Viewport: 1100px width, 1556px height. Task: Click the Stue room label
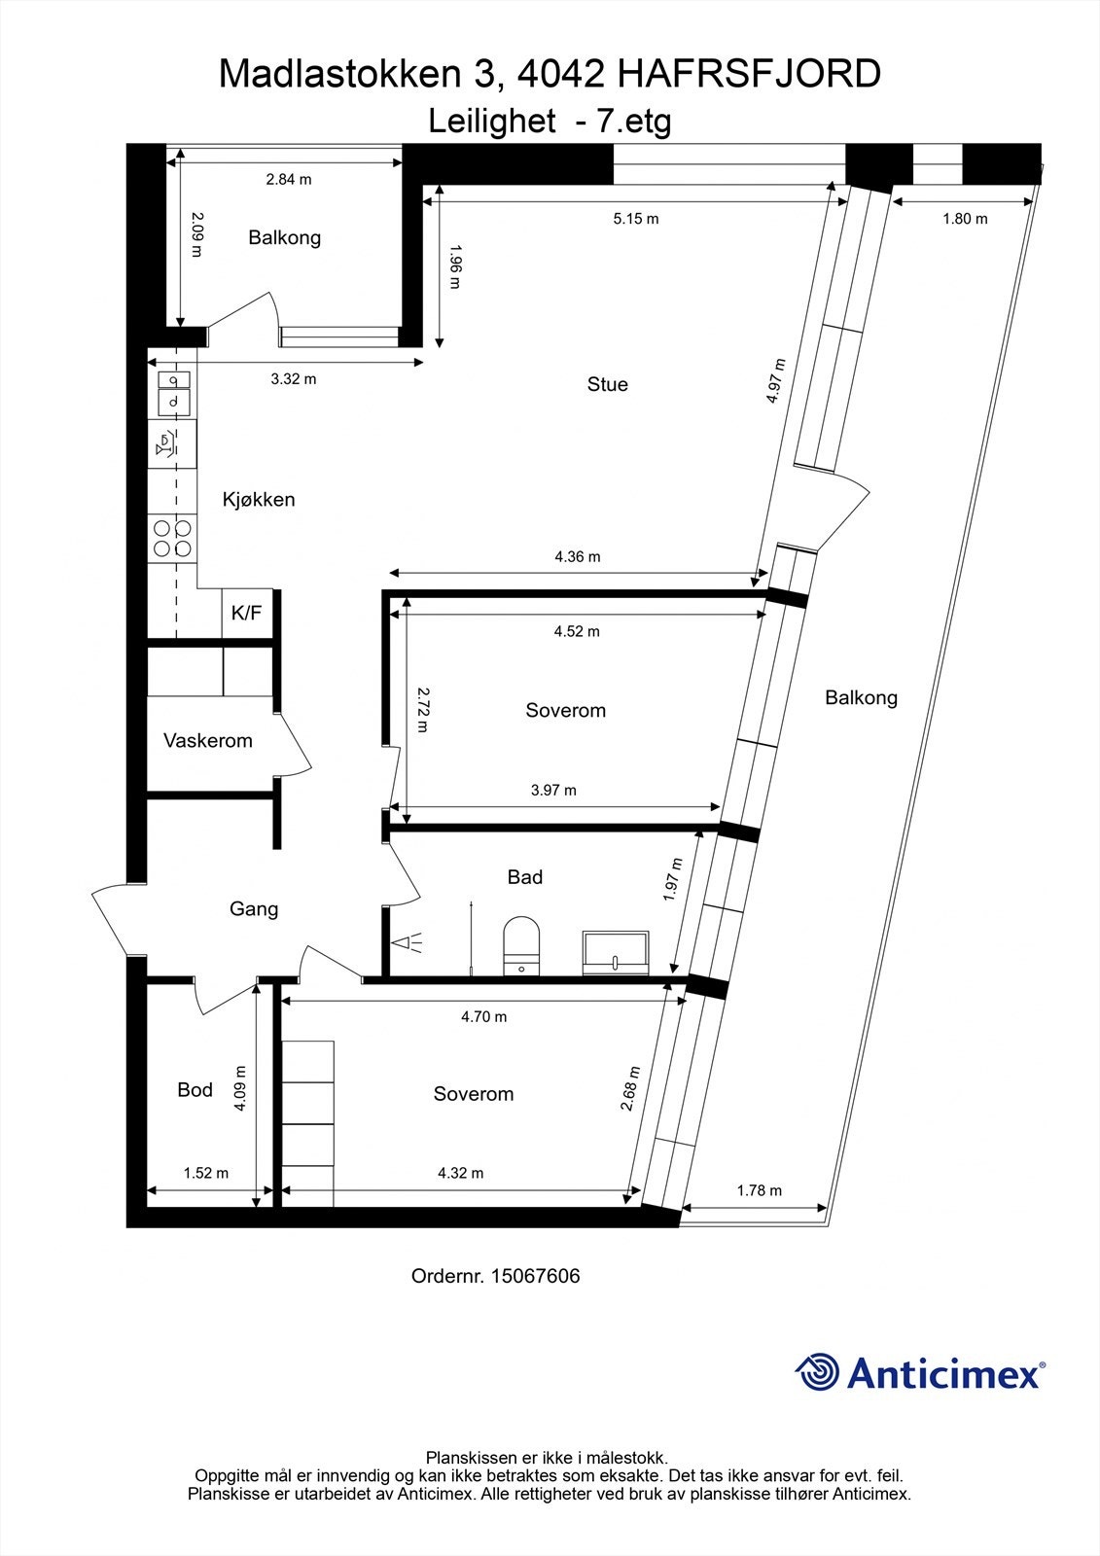[x=607, y=384]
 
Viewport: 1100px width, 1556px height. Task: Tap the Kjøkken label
[x=259, y=500]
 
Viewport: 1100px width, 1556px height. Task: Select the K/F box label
[x=246, y=614]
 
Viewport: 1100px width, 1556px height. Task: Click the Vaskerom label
[x=208, y=741]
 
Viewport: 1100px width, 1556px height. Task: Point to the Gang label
[x=254, y=909]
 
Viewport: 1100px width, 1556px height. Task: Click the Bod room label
[x=195, y=1090]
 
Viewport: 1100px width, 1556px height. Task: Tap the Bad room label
[x=525, y=877]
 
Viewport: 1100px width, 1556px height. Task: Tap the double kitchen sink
[x=173, y=390]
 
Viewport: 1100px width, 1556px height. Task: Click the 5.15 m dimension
[x=636, y=219]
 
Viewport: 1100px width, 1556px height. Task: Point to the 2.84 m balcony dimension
[x=289, y=179]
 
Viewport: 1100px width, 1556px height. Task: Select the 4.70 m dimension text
[x=483, y=1017]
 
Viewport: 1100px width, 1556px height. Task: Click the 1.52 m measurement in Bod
[x=206, y=1173]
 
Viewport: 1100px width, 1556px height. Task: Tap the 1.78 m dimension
[x=759, y=1190]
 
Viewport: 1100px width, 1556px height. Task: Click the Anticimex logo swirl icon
[x=816, y=1373]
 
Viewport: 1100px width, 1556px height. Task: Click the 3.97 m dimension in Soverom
[x=553, y=790]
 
